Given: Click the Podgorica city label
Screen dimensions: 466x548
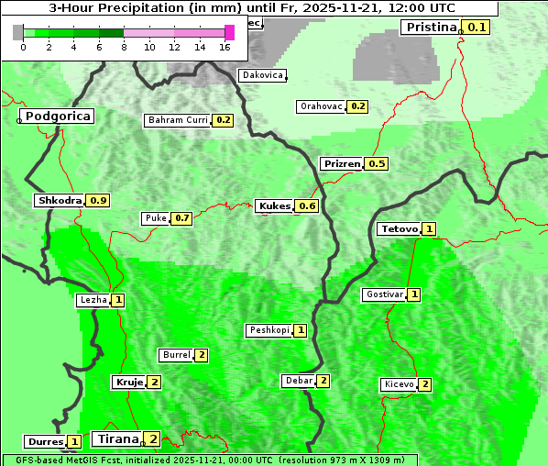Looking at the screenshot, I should click(x=58, y=116).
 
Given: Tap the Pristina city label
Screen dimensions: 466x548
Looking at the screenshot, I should click(x=431, y=27).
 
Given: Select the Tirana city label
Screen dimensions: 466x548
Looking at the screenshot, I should click(x=115, y=438).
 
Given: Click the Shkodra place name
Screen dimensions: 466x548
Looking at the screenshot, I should click(x=60, y=200).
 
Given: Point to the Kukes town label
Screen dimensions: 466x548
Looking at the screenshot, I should click(x=275, y=205).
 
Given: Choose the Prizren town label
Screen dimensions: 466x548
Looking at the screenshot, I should click(x=342, y=163).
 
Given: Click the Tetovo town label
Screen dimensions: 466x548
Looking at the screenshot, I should click(x=400, y=228).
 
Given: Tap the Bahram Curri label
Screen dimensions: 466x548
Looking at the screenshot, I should click(x=178, y=120).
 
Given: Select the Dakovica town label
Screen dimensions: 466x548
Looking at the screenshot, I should click(x=262, y=75).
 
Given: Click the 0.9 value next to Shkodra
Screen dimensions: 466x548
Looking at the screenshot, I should click(x=99, y=200).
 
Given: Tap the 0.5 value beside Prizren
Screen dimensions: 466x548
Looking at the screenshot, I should click(x=377, y=163).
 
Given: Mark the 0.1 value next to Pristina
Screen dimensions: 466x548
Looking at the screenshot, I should click(x=477, y=27).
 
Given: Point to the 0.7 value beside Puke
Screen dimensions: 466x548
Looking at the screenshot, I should click(x=182, y=218).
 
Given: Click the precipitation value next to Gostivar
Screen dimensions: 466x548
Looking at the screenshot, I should click(x=415, y=294).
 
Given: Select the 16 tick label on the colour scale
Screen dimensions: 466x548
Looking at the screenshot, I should click(x=225, y=47).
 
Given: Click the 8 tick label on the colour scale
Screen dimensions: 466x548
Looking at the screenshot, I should click(x=124, y=47).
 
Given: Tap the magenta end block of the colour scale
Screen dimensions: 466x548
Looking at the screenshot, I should click(x=230, y=32).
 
